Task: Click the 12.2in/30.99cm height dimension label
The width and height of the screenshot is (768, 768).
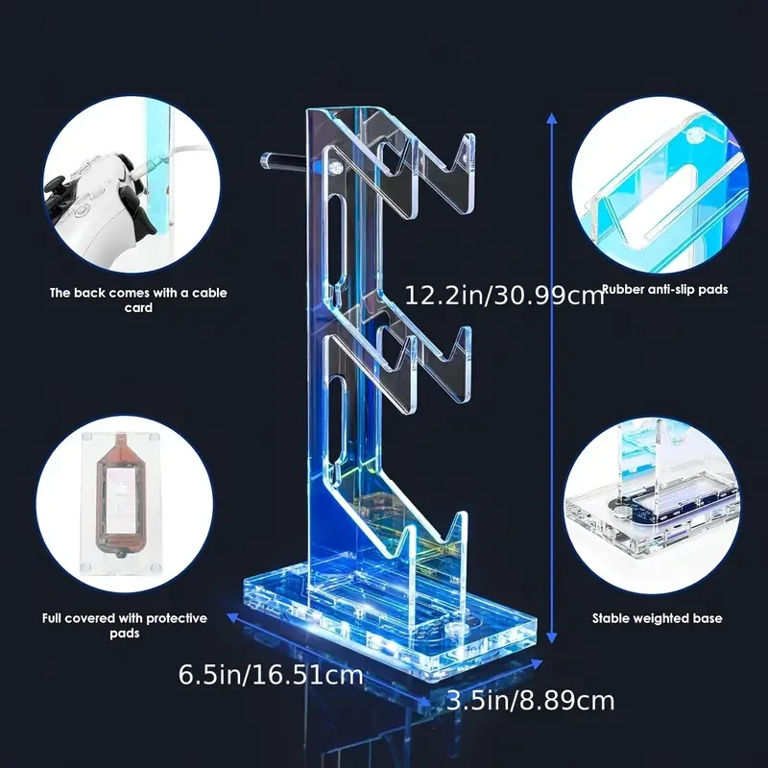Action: pos(504,294)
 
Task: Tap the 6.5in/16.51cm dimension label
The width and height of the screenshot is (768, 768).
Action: pos(271,674)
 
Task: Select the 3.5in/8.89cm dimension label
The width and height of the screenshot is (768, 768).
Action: pos(530,701)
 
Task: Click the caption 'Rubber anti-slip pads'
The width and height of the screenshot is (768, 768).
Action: pos(664,289)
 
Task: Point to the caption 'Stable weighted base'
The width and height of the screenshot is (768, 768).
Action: pos(657,619)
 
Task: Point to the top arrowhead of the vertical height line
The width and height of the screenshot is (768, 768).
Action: pos(551,115)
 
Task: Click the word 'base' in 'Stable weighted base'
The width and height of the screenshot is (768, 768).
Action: pos(706,619)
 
